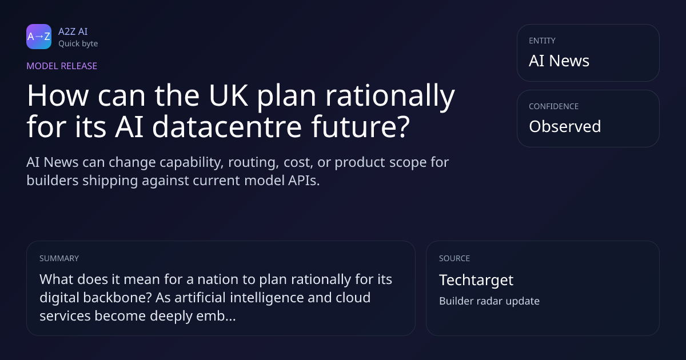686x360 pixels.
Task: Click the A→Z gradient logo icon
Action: click(x=39, y=37)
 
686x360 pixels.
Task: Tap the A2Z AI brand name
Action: click(x=73, y=31)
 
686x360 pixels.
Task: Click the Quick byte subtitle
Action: click(x=78, y=44)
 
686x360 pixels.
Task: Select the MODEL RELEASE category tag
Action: click(x=62, y=66)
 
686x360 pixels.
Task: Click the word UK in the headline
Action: click(x=228, y=95)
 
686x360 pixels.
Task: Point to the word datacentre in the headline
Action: click(x=227, y=126)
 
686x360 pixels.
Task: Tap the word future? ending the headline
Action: click(x=360, y=126)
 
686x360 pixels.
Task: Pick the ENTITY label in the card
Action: click(x=542, y=41)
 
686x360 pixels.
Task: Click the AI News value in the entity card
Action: click(x=559, y=61)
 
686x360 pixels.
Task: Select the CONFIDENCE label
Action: click(x=554, y=106)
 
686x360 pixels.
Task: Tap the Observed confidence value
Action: click(x=565, y=126)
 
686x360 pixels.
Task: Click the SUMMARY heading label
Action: click(x=59, y=258)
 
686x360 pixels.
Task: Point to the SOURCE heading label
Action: click(x=454, y=258)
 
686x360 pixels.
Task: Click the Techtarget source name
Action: click(x=476, y=280)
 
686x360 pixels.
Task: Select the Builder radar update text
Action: click(x=489, y=301)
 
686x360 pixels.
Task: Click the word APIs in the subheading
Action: click(x=304, y=181)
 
